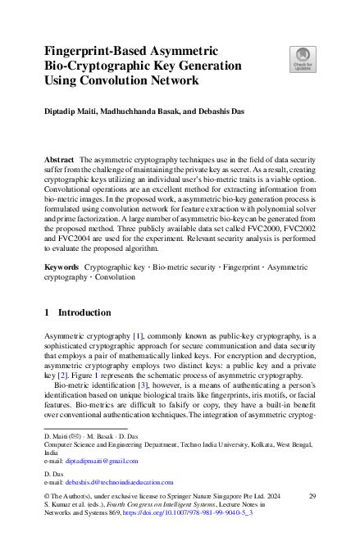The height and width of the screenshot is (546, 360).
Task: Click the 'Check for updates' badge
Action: tap(301, 59)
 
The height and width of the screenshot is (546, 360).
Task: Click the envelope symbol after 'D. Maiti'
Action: tap(75, 437)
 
